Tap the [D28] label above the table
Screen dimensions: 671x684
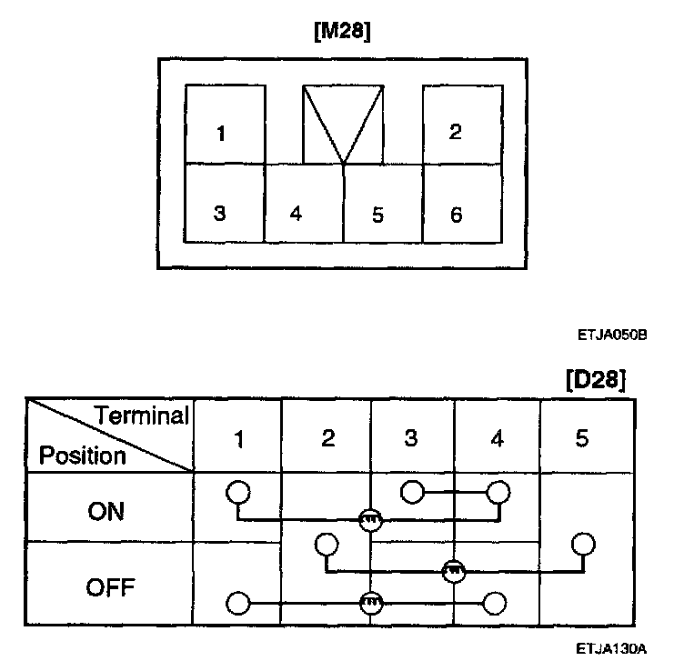(x=595, y=378)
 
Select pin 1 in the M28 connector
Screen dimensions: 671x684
(x=221, y=135)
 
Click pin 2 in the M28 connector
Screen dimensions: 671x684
(x=455, y=132)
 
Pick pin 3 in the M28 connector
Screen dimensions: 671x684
(x=219, y=214)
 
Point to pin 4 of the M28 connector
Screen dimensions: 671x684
(x=296, y=215)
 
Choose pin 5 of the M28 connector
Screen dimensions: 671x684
(x=377, y=215)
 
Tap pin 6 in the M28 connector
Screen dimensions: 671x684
(x=456, y=215)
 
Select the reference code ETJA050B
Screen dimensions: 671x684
(x=612, y=335)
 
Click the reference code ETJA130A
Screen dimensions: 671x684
(x=611, y=649)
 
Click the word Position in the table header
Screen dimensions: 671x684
(x=82, y=455)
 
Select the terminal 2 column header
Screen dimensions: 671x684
(x=328, y=438)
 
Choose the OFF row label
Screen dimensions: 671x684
(x=110, y=587)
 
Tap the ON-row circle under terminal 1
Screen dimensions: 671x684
(x=237, y=492)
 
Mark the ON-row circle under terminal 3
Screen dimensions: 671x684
(x=412, y=492)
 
